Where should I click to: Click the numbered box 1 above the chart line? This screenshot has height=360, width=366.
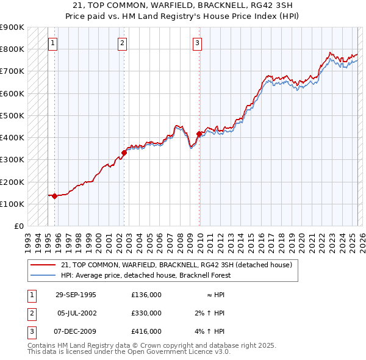pyautogui.click(x=53, y=43)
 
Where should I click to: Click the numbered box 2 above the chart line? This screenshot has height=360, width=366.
pyautogui.click(x=123, y=43)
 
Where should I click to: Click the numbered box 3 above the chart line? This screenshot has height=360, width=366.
pyautogui.click(x=198, y=43)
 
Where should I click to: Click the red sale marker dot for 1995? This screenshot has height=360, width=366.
pyautogui.click(x=55, y=196)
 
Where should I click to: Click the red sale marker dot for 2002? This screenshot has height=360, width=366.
pyautogui.click(x=124, y=153)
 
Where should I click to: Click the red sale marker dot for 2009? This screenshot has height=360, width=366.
pyautogui.click(x=199, y=134)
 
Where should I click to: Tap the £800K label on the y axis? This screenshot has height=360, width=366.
pyautogui.click(x=12, y=49)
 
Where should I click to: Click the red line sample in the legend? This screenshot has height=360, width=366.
pyautogui.click(x=44, y=265)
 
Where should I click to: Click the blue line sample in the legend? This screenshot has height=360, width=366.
pyautogui.click(x=44, y=275)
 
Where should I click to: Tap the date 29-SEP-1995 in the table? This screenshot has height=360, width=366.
pyautogui.click(x=76, y=295)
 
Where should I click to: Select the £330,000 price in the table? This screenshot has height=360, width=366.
pyautogui.click(x=146, y=313)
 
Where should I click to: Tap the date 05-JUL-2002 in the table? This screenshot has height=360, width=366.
pyautogui.click(x=76, y=313)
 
